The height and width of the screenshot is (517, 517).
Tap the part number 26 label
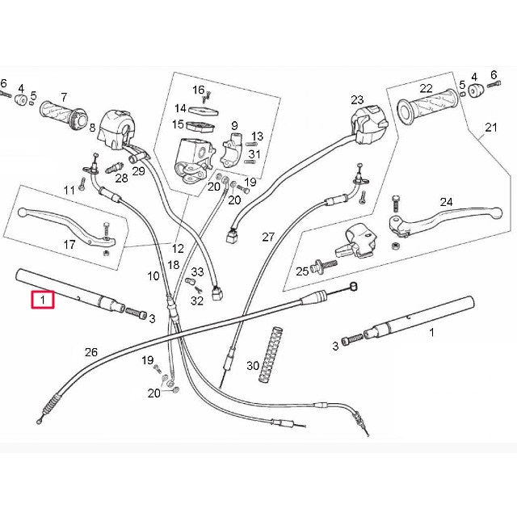click(x=90, y=352)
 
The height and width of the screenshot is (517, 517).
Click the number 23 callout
click(x=357, y=100)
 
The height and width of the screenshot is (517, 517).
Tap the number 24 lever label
click(x=446, y=202)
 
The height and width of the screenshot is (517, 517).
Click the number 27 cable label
click(x=268, y=237)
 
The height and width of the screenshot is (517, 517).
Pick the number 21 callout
click(x=491, y=128)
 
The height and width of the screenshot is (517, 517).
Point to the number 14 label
click(x=180, y=108)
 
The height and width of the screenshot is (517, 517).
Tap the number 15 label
click(x=178, y=124)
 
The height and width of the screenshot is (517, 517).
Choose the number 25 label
click(x=301, y=271)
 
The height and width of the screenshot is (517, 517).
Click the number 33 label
click(x=197, y=272)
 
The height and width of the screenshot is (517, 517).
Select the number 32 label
click(x=197, y=301)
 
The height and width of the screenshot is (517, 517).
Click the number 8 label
click(x=92, y=127)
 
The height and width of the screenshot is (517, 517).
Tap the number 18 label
click(x=173, y=265)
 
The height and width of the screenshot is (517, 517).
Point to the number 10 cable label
click(x=153, y=276)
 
